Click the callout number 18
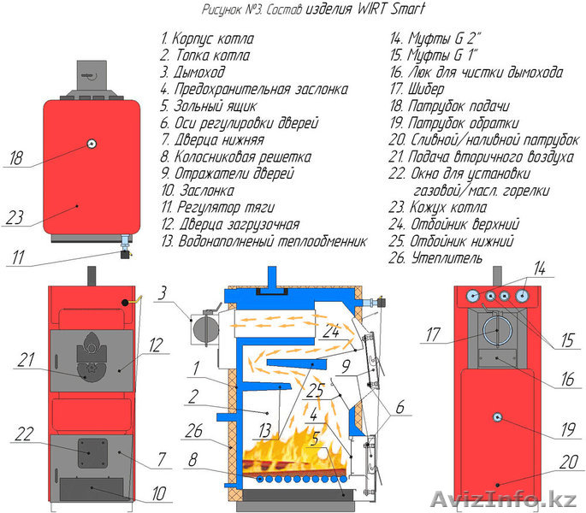[17, 158]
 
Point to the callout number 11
[17, 254]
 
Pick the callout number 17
[433, 335]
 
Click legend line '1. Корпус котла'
[207, 39]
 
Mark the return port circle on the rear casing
[496, 416]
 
